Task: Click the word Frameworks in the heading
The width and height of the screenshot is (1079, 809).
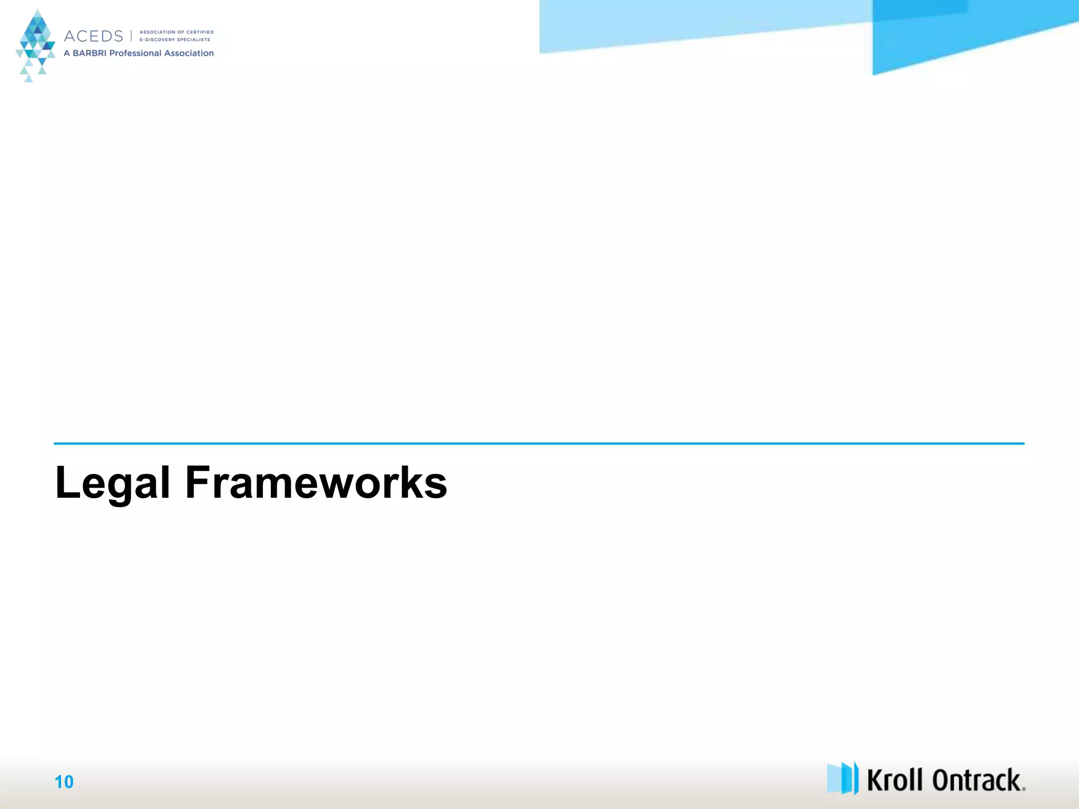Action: click(316, 482)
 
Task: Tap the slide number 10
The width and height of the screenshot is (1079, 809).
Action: click(64, 782)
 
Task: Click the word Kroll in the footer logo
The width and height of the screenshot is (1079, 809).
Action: click(895, 781)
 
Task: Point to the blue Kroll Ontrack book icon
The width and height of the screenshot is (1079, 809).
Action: click(842, 778)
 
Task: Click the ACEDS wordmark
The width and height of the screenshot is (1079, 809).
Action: click(93, 36)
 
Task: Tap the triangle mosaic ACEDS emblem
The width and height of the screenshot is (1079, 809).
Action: click(35, 45)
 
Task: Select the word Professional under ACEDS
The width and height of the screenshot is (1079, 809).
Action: click(135, 53)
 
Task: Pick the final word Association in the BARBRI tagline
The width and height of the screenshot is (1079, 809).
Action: click(189, 53)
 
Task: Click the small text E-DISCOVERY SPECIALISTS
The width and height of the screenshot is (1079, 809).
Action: click(174, 40)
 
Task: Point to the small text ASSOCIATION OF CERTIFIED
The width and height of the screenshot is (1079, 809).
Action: click(176, 32)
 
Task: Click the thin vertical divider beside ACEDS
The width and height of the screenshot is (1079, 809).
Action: click(131, 36)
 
